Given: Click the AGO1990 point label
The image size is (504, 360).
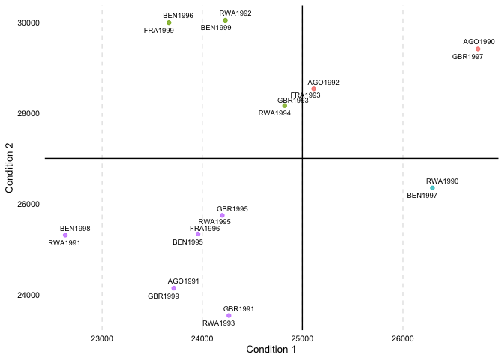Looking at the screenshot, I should click(478, 42).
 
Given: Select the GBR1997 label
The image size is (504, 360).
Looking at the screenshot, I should click(467, 57).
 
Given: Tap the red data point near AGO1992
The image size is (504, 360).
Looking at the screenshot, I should click(313, 89).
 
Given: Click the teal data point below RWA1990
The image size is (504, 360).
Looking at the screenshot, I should click(432, 188).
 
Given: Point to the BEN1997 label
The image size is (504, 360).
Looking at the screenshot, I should click(421, 196).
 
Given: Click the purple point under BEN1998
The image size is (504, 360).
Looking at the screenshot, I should click(65, 235).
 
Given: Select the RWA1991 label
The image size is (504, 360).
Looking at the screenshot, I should click(64, 243).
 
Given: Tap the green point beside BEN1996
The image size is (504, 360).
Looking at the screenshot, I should click(169, 22).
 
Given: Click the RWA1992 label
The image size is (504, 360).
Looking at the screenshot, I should click(235, 13).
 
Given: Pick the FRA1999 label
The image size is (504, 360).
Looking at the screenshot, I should click(158, 31).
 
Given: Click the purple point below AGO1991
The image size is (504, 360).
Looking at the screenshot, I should click(173, 288).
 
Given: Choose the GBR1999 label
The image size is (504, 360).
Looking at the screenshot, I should click(163, 296).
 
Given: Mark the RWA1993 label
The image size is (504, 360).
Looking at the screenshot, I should click(218, 323).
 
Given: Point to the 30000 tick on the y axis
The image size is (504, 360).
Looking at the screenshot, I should click(28, 22).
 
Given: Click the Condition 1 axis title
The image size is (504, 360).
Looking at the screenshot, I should click(271, 350).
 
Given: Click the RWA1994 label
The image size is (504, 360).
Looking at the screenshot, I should click(274, 113).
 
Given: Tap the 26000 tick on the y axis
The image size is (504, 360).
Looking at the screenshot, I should click(28, 204).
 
